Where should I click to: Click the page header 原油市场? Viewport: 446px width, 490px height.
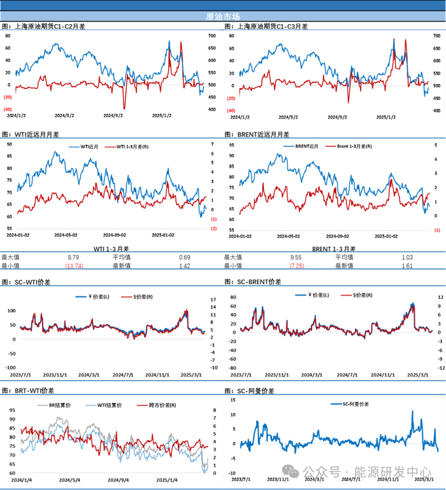coord(223,17)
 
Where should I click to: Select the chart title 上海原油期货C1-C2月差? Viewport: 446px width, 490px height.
coord(48,27)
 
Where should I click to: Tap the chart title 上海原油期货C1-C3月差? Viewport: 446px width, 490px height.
coord(271,27)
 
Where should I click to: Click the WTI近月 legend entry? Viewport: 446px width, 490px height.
coord(93,147)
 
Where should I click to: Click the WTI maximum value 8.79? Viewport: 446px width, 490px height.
coord(73,257)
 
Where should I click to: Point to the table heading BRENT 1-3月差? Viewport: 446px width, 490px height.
coord(334,249)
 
